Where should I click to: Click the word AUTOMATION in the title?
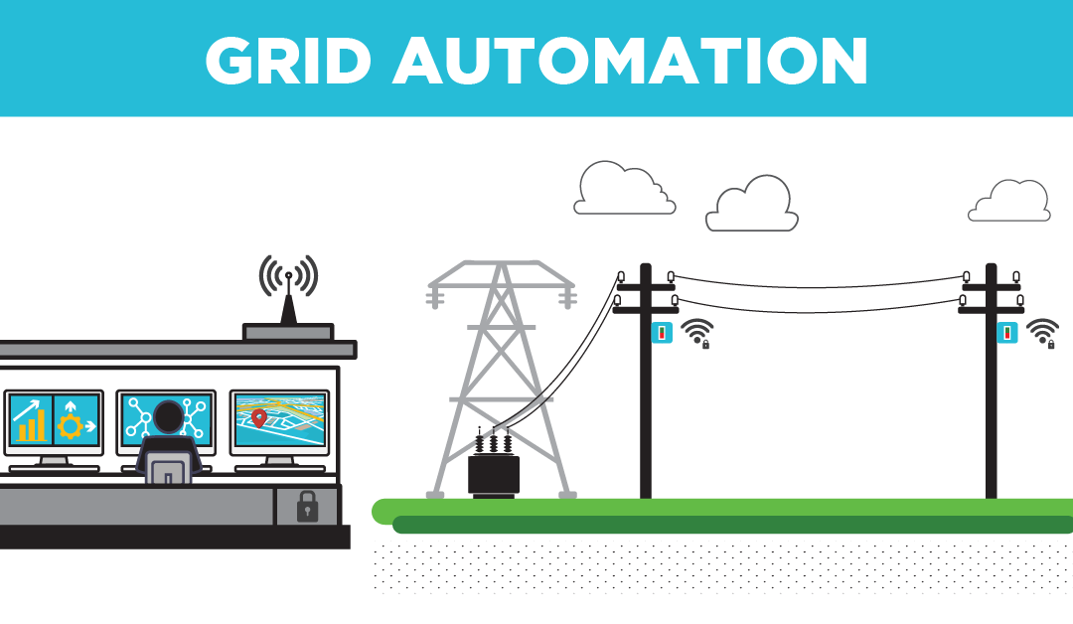630,62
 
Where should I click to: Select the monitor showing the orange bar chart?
54,419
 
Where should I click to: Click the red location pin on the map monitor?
258,417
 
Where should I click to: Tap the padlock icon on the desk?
307,507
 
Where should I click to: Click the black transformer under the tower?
494,472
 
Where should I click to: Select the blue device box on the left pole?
662,333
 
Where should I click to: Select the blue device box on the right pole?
1007,333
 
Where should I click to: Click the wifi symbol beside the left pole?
697,332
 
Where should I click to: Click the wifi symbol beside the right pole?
1042,332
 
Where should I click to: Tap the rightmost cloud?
1009,201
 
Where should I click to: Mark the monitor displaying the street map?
279,418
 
